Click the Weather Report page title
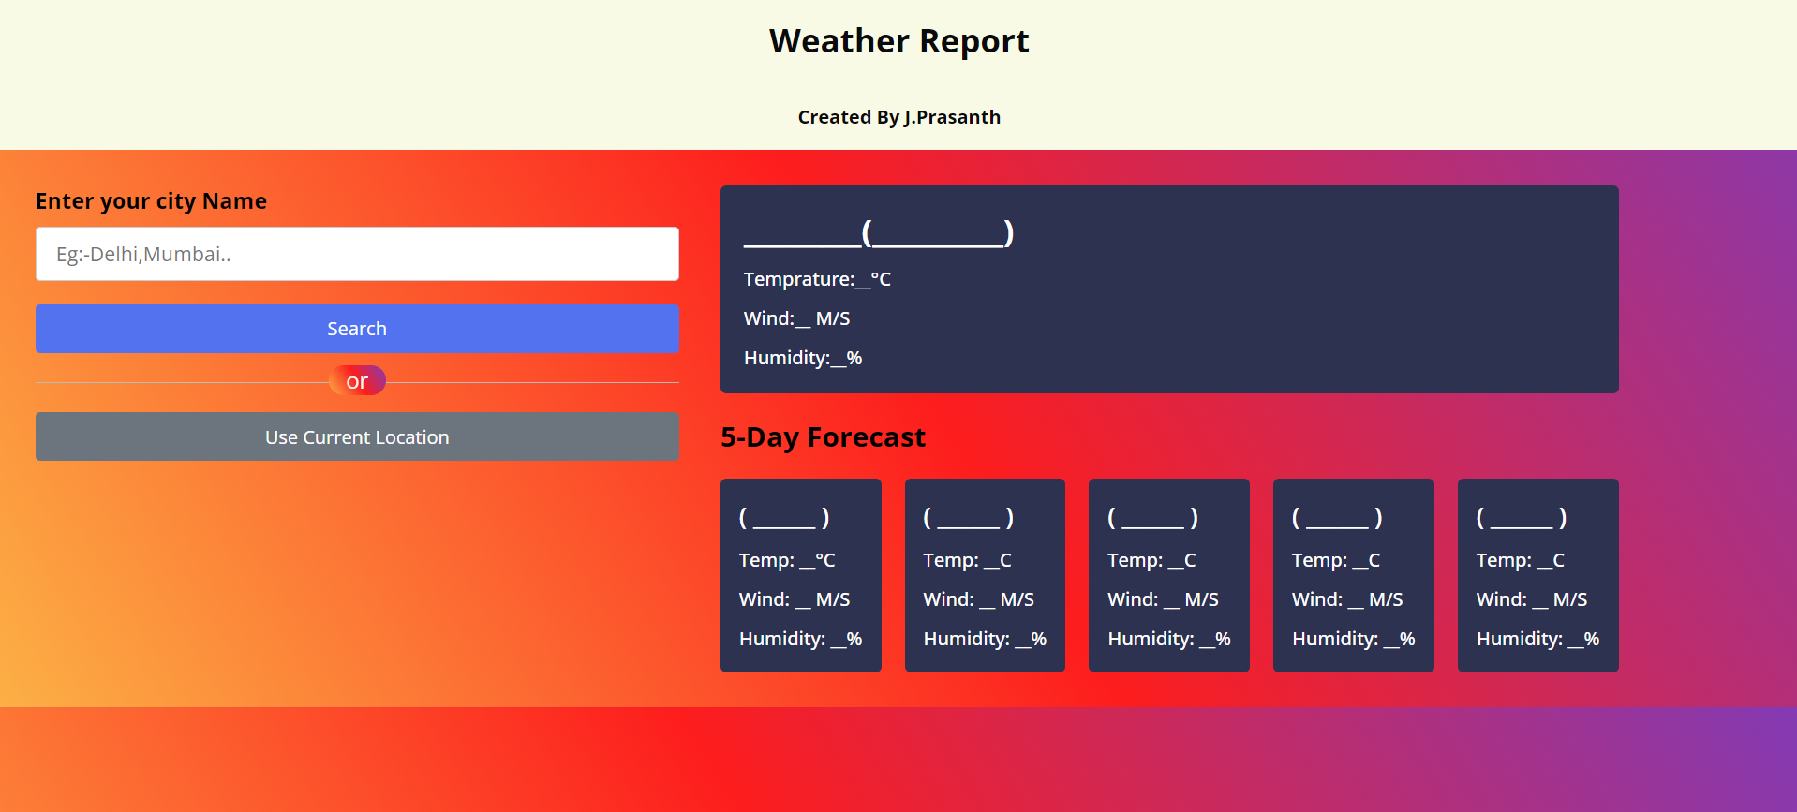point(898,41)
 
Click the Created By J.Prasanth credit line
point(898,117)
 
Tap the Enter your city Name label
point(151,201)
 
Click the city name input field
point(357,254)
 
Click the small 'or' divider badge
point(357,381)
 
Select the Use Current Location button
point(357,436)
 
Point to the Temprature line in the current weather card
point(817,279)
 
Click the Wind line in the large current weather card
point(796,318)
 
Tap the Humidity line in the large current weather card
point(803,358)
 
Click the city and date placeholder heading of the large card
point(879,232)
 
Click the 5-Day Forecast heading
point(823,437)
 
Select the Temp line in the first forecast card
point(787,560)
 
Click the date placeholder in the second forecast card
point(969,517)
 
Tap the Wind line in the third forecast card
point(1163,599)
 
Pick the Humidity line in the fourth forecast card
point(1353,639)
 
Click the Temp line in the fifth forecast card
point(1520,560)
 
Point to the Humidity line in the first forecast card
point(800,639)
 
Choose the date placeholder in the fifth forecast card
point(1522,517)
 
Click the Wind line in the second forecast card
point(978,599)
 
